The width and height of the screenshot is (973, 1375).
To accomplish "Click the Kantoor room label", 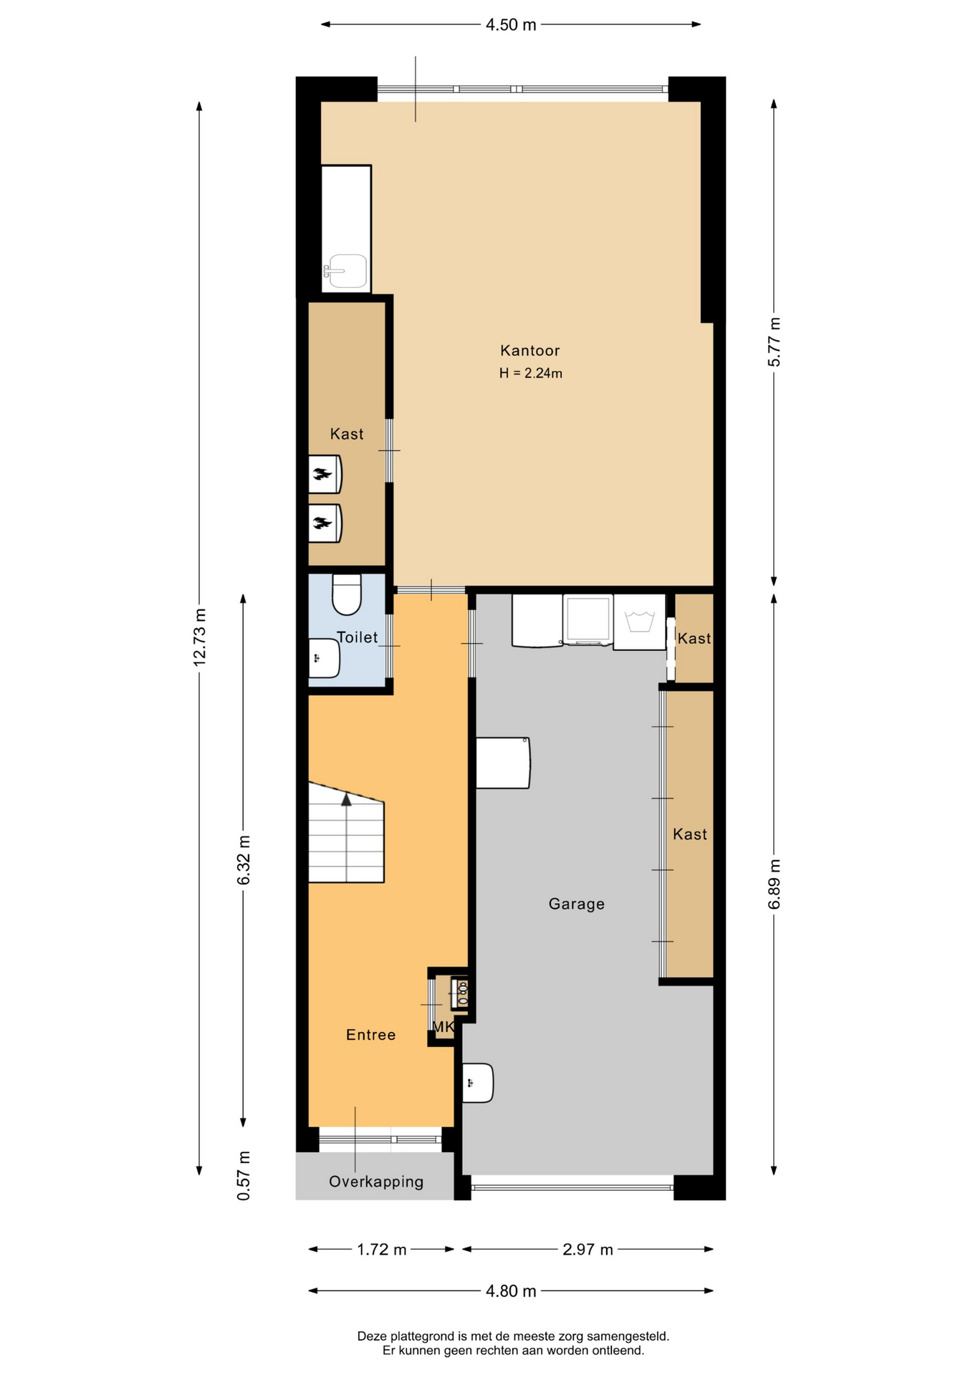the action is pyautogui.click(x=529, y=351).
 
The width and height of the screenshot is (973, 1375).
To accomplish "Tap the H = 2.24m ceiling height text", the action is pyautogui.click(x=530, y=373).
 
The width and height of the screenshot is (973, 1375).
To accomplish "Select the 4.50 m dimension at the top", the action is pyautogui.click(x=511, y=25).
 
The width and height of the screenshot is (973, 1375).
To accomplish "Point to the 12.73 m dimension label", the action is pyautogui.click(x=200, y=637).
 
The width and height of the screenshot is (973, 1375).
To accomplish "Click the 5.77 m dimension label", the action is pyautogui.click(x=775, y=342).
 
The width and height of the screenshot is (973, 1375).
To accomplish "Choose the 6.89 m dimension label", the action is pyautogui.click(x=775, y=884).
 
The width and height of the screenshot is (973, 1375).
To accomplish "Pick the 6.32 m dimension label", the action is pyautogui.click(x=244, y=859).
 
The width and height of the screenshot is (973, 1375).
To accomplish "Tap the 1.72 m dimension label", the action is pyautogui.click(x=382, y=1250).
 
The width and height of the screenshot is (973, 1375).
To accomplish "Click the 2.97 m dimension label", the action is pyautogui.click(x=588, y=1250).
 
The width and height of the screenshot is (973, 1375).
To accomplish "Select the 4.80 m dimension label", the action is pyautogui.click(x=511, y=1291).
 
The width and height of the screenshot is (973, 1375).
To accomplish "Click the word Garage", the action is pyautogui.click(x=577, y=904).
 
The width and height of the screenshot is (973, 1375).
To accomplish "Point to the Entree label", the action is pyautogui.click(x=370, y=1035).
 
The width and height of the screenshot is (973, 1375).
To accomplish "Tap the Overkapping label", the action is pyautogui.click(x=376, y=1182).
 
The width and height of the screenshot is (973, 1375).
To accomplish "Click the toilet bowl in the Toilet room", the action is pyautogui.click(x=347, y=594).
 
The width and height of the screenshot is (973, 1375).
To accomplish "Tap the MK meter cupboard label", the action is pyautogui.click(x=444, y=1027).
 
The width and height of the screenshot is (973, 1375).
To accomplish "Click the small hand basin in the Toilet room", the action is pyautogui.click(x=324, y=658).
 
